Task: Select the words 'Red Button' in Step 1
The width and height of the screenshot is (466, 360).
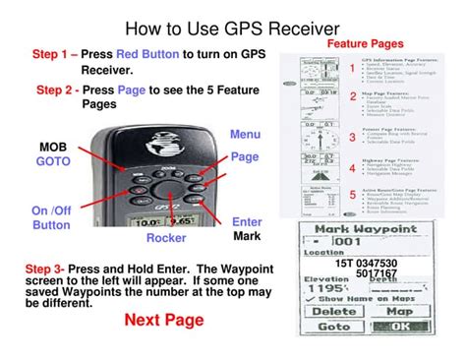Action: [x=146, y=55]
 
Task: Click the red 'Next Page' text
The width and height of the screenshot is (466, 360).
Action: [x=164, y=320]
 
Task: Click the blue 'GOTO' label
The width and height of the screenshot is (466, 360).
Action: [x=53, y=160]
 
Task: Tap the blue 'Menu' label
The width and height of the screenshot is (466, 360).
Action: [x=245, y=134]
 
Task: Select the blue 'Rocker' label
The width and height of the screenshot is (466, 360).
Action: [x=166, y=238]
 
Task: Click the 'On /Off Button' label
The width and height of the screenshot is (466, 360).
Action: [x=51, y=217]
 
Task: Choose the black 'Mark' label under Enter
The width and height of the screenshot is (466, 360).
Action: [x=247, y=237]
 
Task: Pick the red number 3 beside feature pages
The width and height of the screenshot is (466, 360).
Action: [x=352, y=138]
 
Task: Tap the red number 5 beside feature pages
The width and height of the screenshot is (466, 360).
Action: [x=352, y=196]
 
